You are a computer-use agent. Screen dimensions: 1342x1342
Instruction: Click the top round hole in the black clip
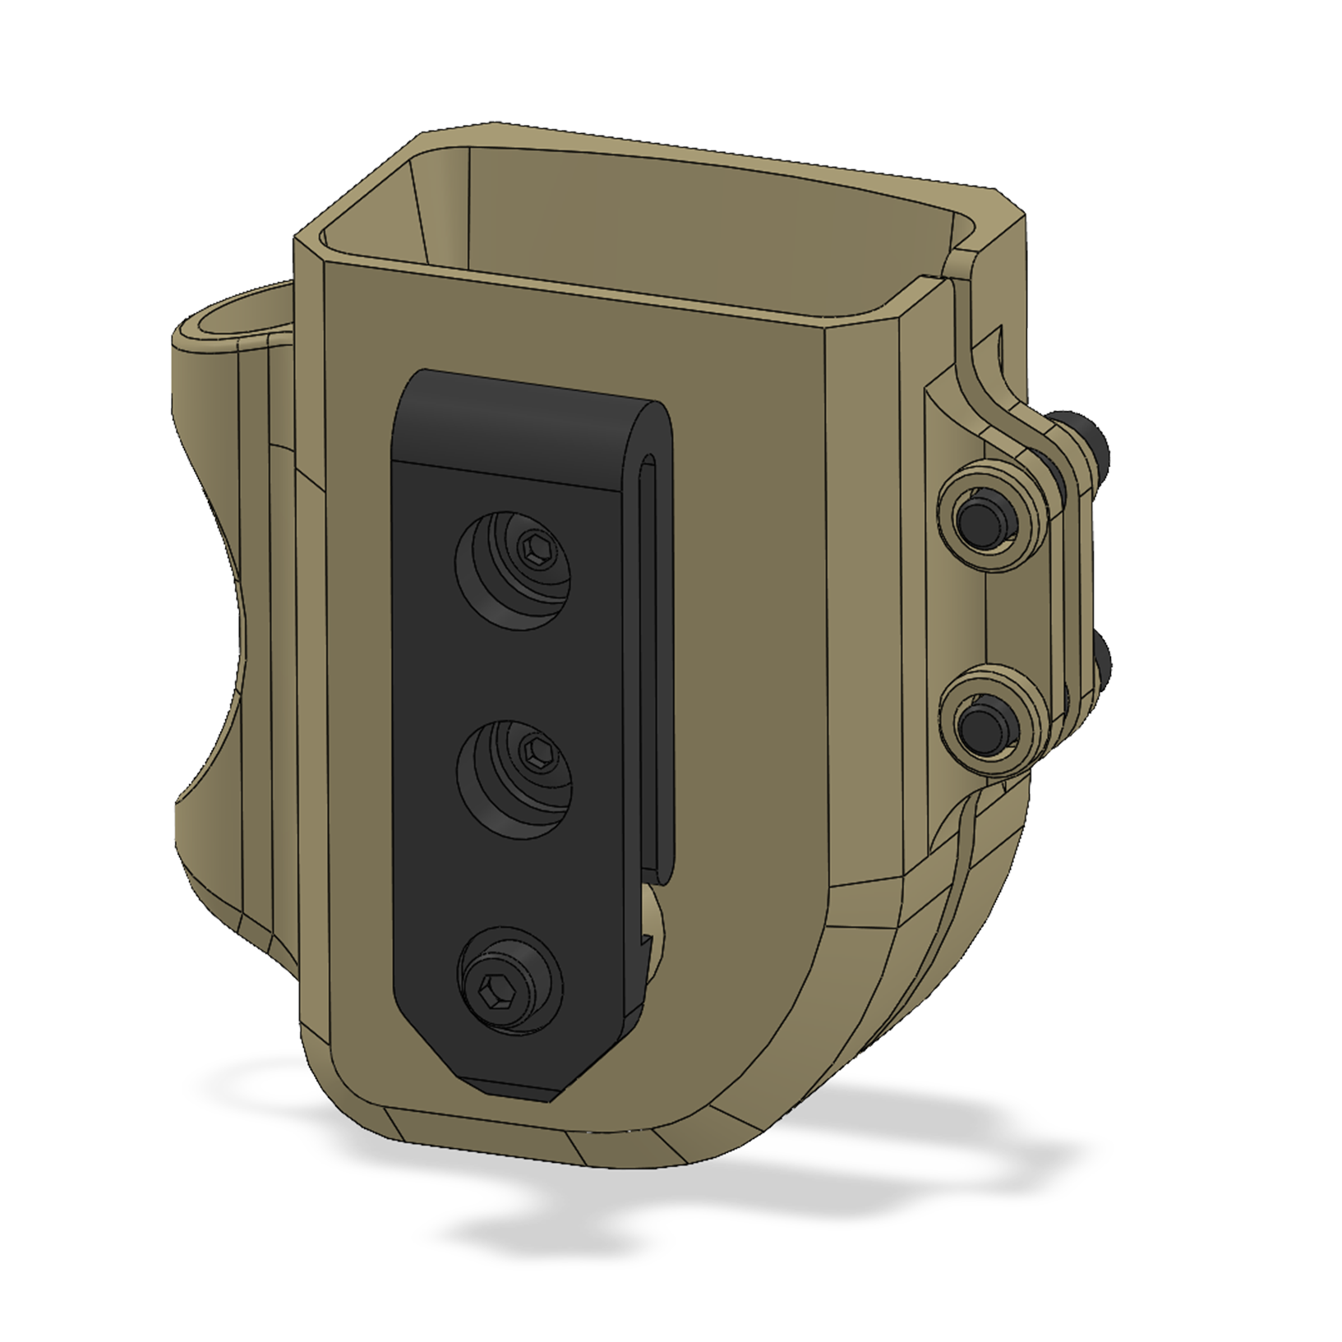tap(513, 570)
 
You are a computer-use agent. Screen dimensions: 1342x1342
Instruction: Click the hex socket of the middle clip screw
tap(535, 749)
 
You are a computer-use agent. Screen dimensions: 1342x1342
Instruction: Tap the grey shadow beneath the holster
tap(657, 1233)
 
